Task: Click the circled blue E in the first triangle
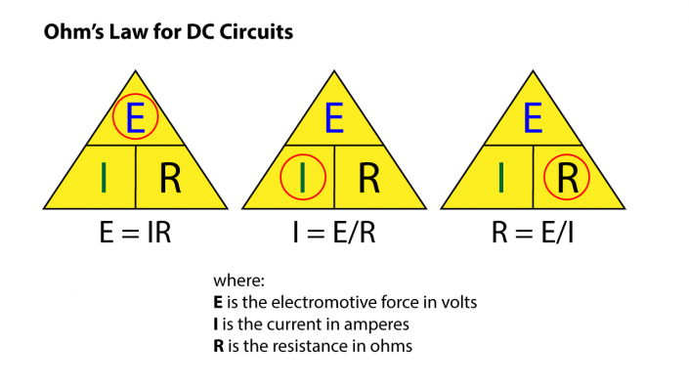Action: [x=135, y=118]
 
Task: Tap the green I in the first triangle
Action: [x=104, y=178]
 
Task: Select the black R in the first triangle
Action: [x=169, y=178]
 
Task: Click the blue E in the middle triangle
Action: [x=334, y=118]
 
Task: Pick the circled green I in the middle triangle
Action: [x=303, y=178]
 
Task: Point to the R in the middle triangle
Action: [x=368, y=178]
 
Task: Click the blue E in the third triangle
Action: [x=533, y=118]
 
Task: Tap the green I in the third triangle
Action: [x=501, y=178]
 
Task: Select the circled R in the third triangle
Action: [x=568, y=178]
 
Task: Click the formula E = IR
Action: [x=136, y=236]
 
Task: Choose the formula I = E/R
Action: [x=334, y=236]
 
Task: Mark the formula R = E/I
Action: [x=533, y=236]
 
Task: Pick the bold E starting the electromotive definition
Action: [x=218, y=302]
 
